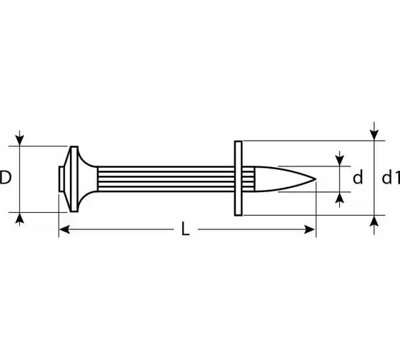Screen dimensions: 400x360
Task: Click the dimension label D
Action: pos(6,177)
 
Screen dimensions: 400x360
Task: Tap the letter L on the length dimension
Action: pos(186,229)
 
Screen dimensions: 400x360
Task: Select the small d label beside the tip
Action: pos(358,177)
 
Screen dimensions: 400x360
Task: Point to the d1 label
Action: pos(391,177)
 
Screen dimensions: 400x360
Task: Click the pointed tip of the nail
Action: pos(316,179)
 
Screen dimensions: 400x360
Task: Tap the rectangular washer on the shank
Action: pos(239,179)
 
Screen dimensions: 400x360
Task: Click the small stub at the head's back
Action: pos(61,179)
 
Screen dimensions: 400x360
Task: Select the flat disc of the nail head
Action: pos(74,179)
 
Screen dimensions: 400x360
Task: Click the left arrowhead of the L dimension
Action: pos(64,229)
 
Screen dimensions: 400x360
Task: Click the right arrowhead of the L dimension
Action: pos(310,229)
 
